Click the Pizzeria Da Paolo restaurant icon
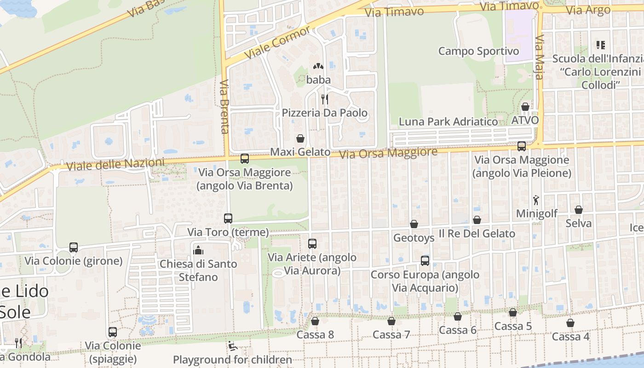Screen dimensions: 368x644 [324, 99]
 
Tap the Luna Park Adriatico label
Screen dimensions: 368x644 [448, 122]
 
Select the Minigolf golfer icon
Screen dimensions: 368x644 [536, 200]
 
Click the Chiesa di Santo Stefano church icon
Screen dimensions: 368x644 [198, 250]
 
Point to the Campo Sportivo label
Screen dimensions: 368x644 [478, 51]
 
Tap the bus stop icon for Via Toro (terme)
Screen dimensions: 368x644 [228, 218]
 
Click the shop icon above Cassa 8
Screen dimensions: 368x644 [315, 321]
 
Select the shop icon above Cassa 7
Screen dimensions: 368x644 [391, 321]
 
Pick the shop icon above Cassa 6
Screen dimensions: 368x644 [457, 316]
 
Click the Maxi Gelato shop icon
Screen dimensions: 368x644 [300, 138]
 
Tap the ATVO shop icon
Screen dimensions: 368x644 [525, 107]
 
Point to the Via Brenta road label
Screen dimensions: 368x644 [224, 107]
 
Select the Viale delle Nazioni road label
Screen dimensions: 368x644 [115, 164]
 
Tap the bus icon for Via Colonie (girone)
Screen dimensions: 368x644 [74, 247]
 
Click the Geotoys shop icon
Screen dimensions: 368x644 [414, 224]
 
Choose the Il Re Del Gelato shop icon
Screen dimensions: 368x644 [477, 220]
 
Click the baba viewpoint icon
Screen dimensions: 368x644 [318, 67]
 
